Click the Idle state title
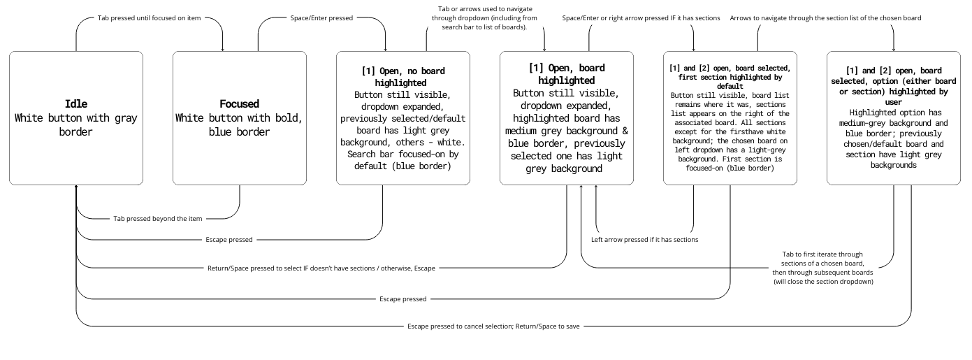point(75,104)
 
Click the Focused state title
point(239,104)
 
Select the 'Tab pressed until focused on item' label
point(149,17)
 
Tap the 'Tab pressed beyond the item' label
point(157,219)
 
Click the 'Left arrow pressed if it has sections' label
point(644,240)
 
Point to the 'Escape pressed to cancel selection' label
point(493,326)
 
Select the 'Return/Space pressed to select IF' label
point(321,268)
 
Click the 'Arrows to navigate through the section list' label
point(825,17)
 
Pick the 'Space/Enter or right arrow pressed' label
point(641,17)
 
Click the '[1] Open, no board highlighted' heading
point(403,76)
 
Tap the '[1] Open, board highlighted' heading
point(567,74)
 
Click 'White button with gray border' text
point(75,124)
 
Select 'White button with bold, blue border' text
point(239,124)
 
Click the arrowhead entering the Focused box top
point(223,50)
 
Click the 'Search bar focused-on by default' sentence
point(403,160)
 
